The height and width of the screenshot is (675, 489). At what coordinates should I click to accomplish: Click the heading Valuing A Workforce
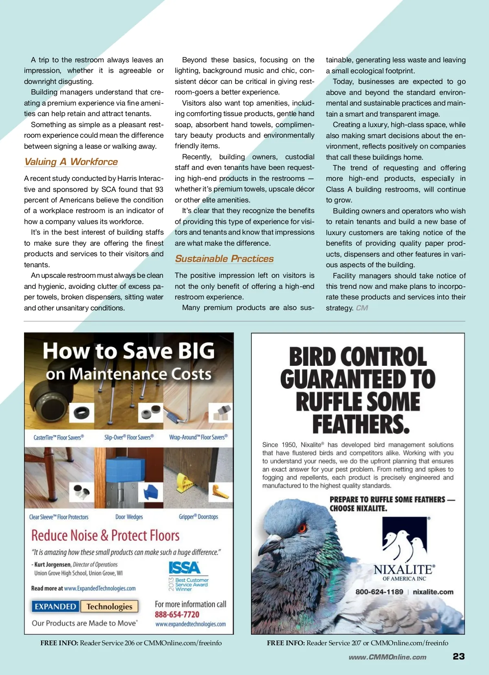tap(71, 162)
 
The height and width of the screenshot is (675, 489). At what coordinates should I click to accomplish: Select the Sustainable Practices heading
tap(224, 259)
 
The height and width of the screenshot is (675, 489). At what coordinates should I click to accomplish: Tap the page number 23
tap(458, 656)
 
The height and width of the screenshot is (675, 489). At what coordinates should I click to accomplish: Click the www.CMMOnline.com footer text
tap(387, 657)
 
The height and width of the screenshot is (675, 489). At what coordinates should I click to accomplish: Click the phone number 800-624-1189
tap(379, 592)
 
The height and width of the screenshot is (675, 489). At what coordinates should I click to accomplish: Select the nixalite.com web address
tap(433, 592)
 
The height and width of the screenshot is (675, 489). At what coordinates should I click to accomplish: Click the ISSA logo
tap(185, 567)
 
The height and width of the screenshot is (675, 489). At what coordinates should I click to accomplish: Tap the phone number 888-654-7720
tap(177, 614)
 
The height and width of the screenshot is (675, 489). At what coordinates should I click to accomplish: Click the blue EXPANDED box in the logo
tap(55, 607)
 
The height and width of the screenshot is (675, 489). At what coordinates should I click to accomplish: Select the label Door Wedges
tap(129, 517)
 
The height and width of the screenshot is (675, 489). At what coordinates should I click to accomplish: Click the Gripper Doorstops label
tap(198, 517)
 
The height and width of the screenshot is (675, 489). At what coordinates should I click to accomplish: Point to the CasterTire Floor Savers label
tap(59, 438)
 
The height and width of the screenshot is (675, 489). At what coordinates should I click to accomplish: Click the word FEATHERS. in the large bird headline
tap(361, 424)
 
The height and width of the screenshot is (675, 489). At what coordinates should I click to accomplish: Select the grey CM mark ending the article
tap(362, 308)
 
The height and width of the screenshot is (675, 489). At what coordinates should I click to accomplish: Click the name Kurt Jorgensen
tap(53, 565)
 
